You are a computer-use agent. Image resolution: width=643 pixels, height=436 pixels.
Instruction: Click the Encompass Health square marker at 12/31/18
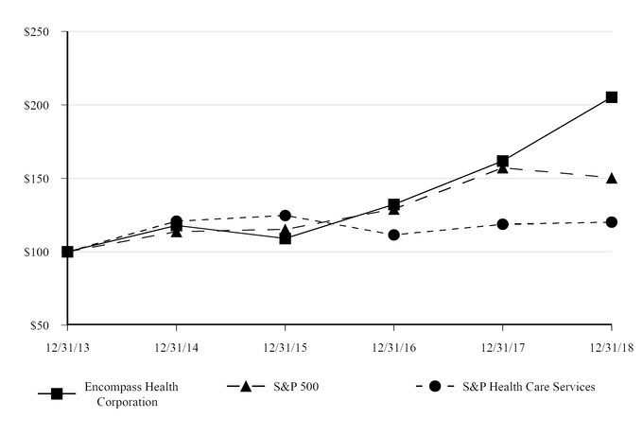(612, 97)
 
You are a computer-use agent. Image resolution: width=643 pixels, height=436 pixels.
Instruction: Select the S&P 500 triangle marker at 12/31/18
(612, 178)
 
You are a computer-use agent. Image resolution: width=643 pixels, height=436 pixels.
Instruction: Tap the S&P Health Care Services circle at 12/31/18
(612, 222)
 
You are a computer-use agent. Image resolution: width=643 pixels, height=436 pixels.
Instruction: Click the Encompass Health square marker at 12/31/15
(286, 238)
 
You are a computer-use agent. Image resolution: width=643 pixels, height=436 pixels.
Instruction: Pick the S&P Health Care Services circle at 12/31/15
(286, 216)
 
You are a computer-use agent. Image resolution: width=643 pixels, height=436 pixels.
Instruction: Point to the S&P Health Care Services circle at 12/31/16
(394, 235)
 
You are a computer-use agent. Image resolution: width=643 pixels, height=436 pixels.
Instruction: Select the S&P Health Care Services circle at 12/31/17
(503, 224)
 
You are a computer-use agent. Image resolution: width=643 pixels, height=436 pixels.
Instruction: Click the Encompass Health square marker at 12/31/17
(503, 162)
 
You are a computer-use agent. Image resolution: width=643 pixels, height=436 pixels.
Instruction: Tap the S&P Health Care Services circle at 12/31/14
(177, 221)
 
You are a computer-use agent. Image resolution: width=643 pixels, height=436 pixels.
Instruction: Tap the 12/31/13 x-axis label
(67, 347)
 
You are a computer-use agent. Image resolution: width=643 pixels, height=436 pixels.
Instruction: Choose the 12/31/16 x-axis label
(394, 347)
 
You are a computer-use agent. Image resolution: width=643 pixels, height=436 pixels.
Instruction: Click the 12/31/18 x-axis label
(611, 347)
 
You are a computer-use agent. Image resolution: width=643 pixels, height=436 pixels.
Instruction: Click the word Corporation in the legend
(127, 401)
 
